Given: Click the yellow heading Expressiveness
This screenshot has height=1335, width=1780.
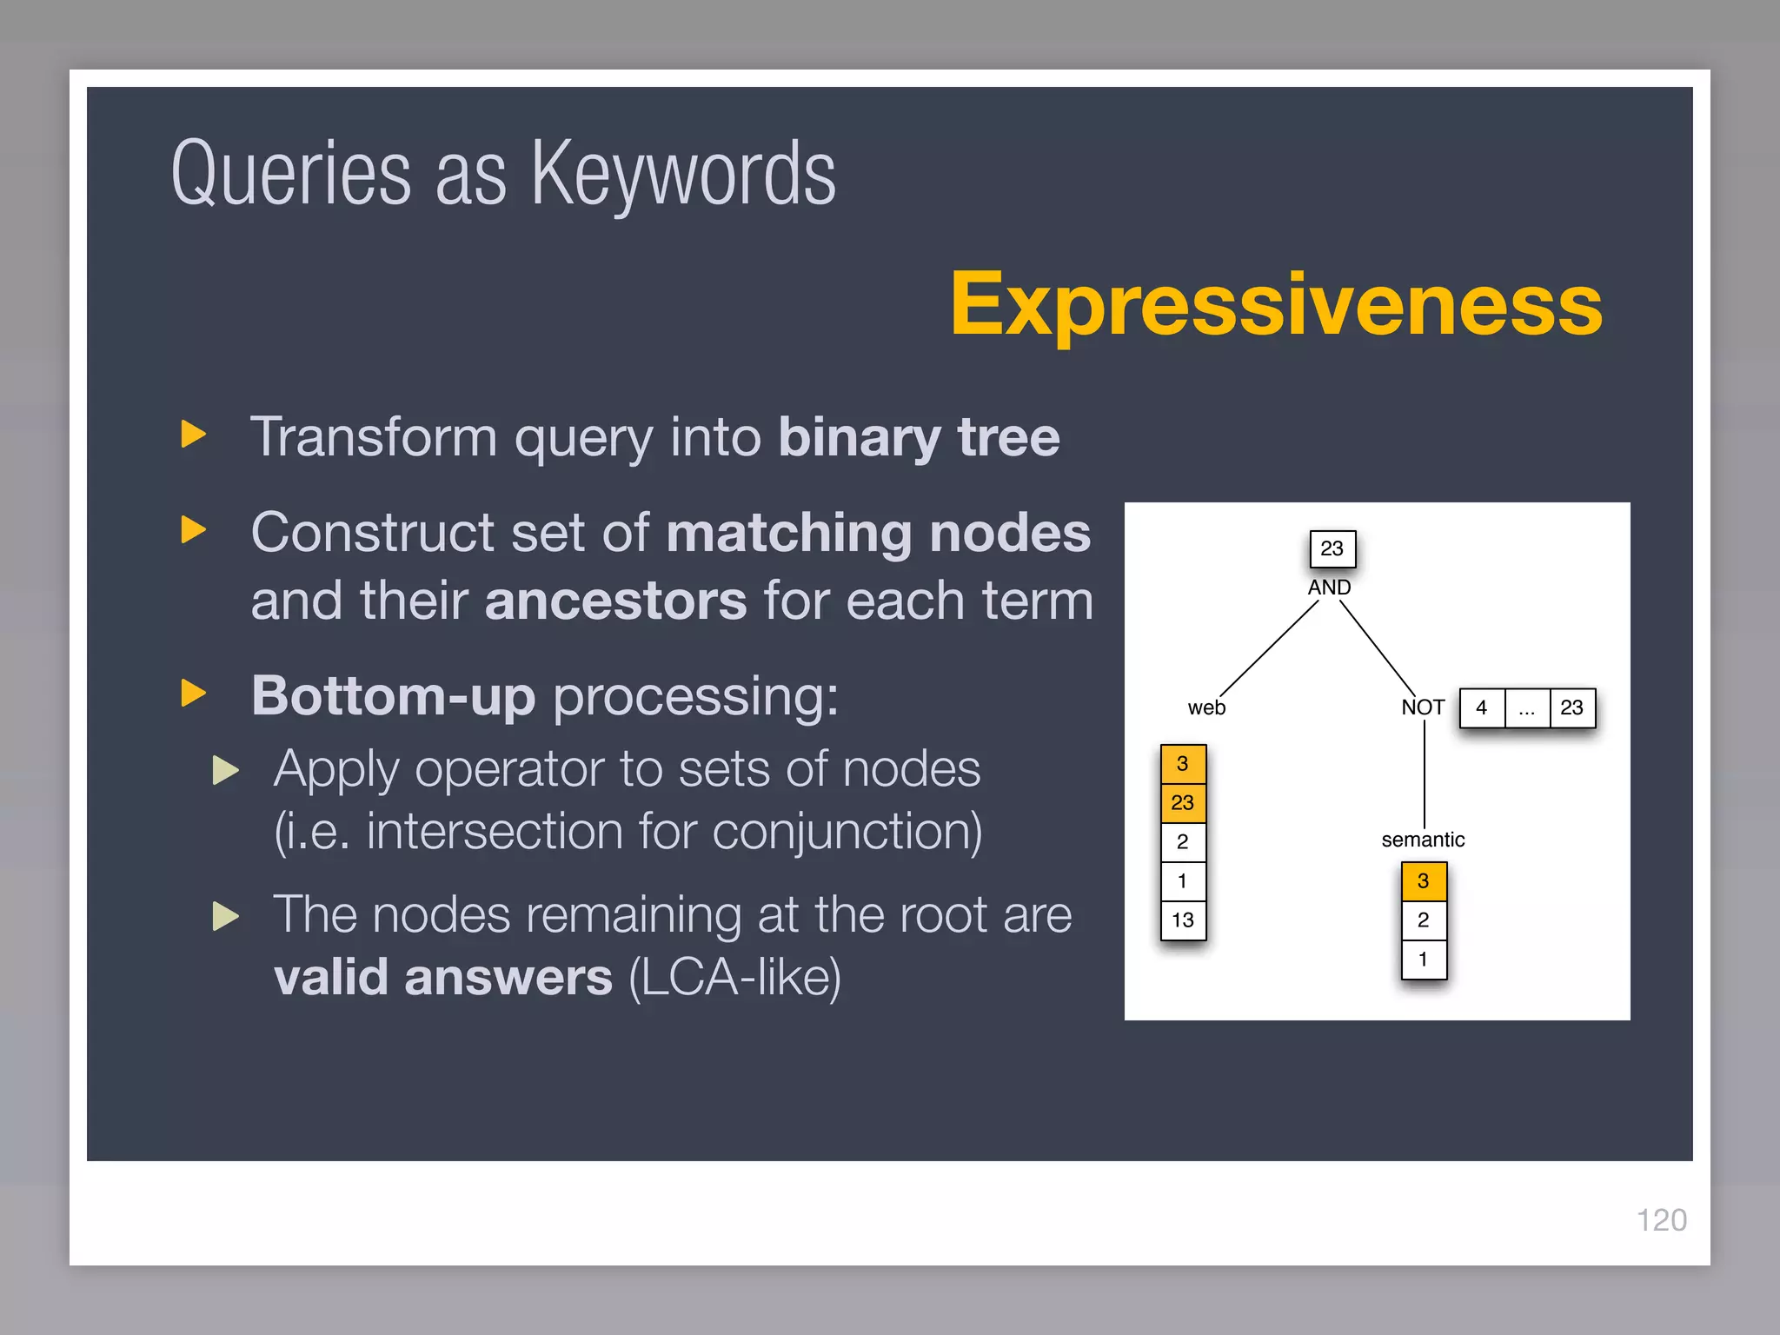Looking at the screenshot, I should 1276,304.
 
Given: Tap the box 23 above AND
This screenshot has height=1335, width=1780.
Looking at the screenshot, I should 1332,548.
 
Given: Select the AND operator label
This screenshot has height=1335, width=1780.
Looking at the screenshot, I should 1329,588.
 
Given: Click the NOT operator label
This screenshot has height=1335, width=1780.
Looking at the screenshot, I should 1422,707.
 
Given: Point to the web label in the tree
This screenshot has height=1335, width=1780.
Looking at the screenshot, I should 1206,707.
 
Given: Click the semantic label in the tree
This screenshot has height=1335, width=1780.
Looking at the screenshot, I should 1423,840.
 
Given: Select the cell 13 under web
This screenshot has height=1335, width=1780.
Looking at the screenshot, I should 1183,920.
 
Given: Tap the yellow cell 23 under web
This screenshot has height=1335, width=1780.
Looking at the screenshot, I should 1183,802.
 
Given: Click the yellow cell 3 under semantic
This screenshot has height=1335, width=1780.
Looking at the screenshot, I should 1424,881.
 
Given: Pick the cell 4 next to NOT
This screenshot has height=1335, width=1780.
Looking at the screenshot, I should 1482,707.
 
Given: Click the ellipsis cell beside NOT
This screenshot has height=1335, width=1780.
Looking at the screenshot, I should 1527,707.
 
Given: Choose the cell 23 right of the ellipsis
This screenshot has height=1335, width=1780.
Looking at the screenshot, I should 1572,707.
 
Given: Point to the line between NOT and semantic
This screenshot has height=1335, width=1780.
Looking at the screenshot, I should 1425,774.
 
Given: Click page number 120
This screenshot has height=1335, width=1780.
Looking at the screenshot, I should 1661,1220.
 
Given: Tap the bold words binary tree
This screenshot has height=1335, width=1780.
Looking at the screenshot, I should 919,436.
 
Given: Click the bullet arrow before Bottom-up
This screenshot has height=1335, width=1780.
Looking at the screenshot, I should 193,694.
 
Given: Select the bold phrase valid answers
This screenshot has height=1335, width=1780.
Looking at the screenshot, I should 443,977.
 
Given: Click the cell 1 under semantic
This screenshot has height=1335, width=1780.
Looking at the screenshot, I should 1424,960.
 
